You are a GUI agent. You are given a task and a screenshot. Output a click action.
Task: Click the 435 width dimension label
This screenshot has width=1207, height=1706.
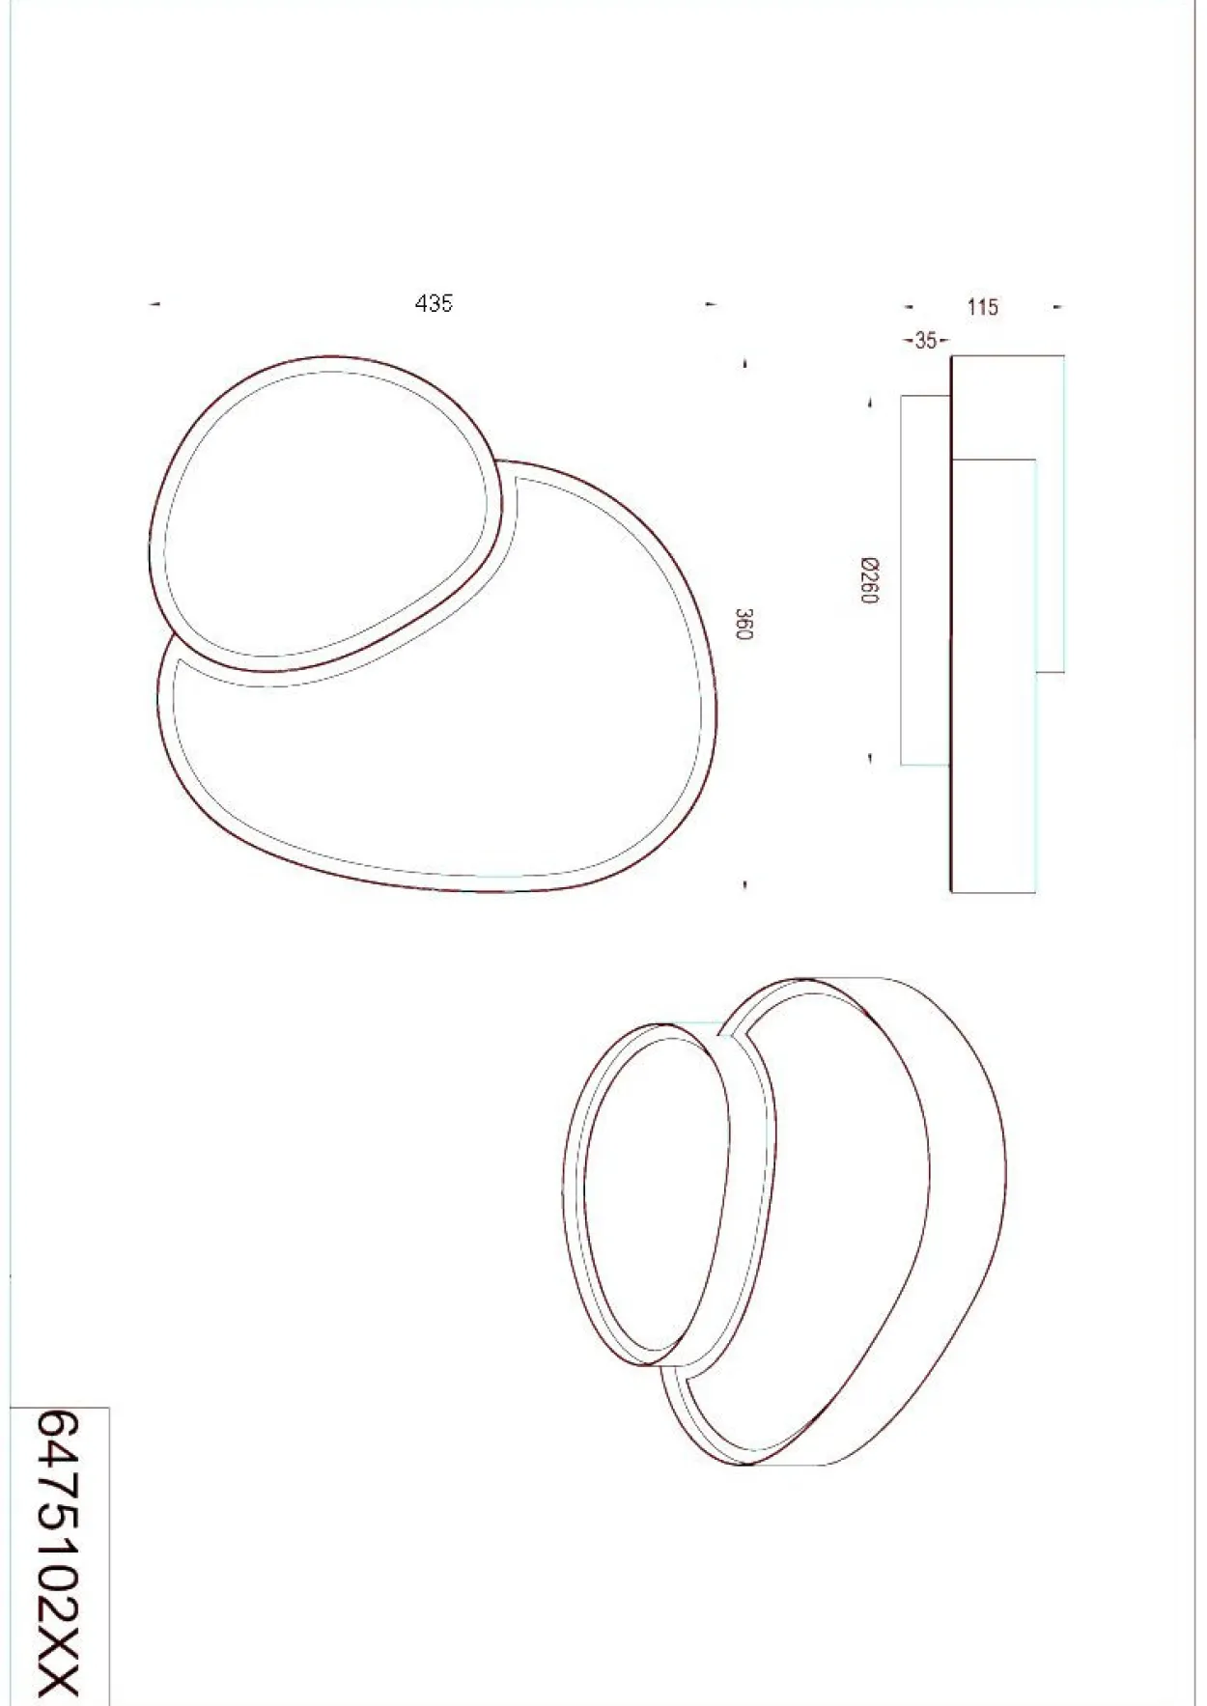click(x=434, y=303)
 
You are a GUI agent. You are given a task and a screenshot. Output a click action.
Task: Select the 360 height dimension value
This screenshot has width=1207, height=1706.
click(x=744, y=624)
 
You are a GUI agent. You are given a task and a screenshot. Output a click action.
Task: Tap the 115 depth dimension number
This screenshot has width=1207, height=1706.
click(x=982, y=307)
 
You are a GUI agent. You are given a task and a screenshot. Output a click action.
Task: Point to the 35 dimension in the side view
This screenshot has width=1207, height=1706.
click(x=925, y=340)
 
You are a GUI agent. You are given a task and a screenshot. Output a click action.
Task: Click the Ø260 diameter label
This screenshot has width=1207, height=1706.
click(x=869, y=580)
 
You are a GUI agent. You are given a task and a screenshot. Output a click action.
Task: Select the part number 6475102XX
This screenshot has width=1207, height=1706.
click(x=57, y=1553)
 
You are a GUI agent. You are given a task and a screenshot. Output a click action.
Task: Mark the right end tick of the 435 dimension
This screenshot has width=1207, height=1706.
click(x=711, y=305)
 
